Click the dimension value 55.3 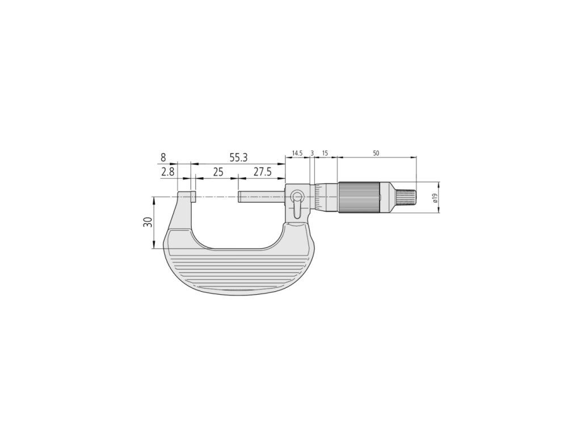238,158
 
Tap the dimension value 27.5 262,171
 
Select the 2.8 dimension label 167,171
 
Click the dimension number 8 163,158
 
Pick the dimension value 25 218,171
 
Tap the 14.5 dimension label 297,153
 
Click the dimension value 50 376,153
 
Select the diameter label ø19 435,198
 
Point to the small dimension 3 312,153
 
